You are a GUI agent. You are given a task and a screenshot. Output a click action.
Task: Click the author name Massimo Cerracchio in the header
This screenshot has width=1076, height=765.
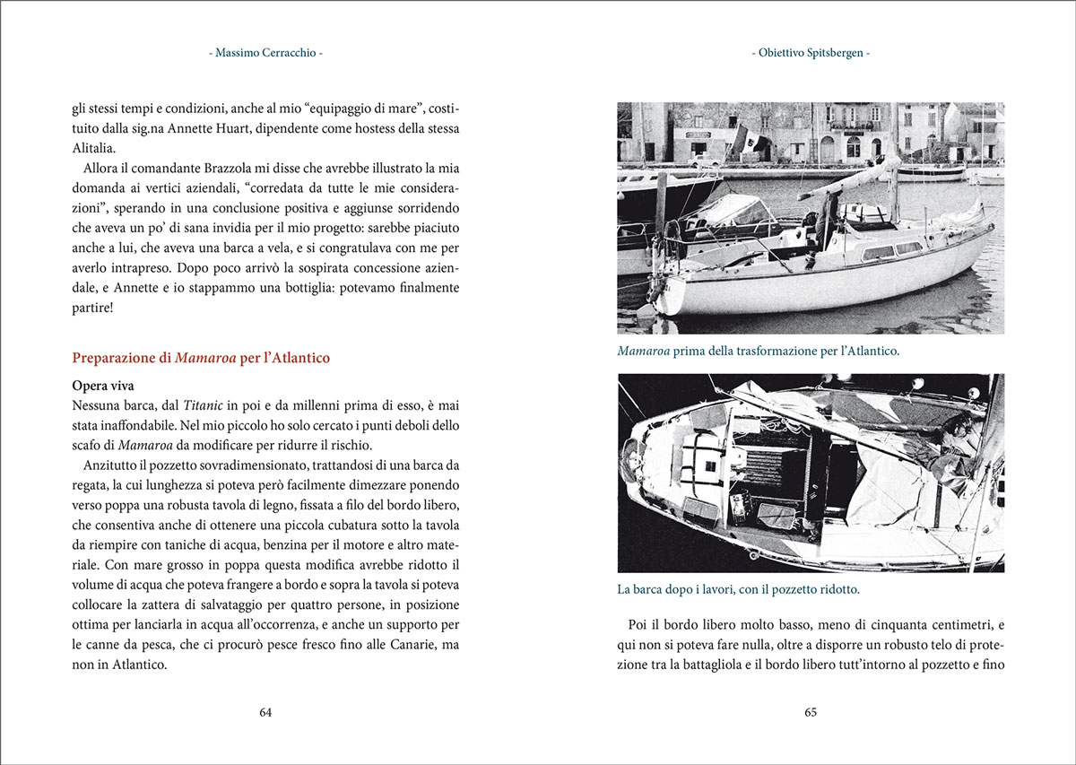(265, 53)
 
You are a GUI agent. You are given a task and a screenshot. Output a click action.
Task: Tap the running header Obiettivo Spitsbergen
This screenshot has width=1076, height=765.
(811, 53)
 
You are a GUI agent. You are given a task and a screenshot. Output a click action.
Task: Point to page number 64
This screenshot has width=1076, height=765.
(265, 712)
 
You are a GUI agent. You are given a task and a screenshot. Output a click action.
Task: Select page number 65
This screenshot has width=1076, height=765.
(811, 712)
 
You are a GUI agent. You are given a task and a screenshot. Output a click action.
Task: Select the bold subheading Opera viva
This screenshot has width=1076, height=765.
(103, 387)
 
